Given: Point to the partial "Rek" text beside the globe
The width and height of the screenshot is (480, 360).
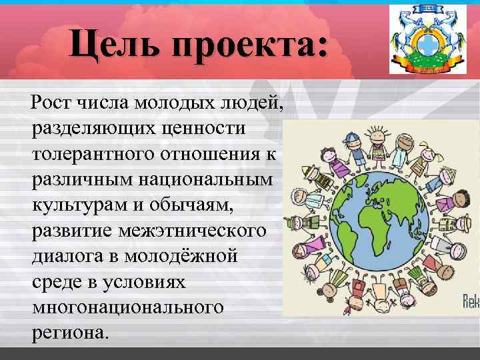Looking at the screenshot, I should tap(471, 301).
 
